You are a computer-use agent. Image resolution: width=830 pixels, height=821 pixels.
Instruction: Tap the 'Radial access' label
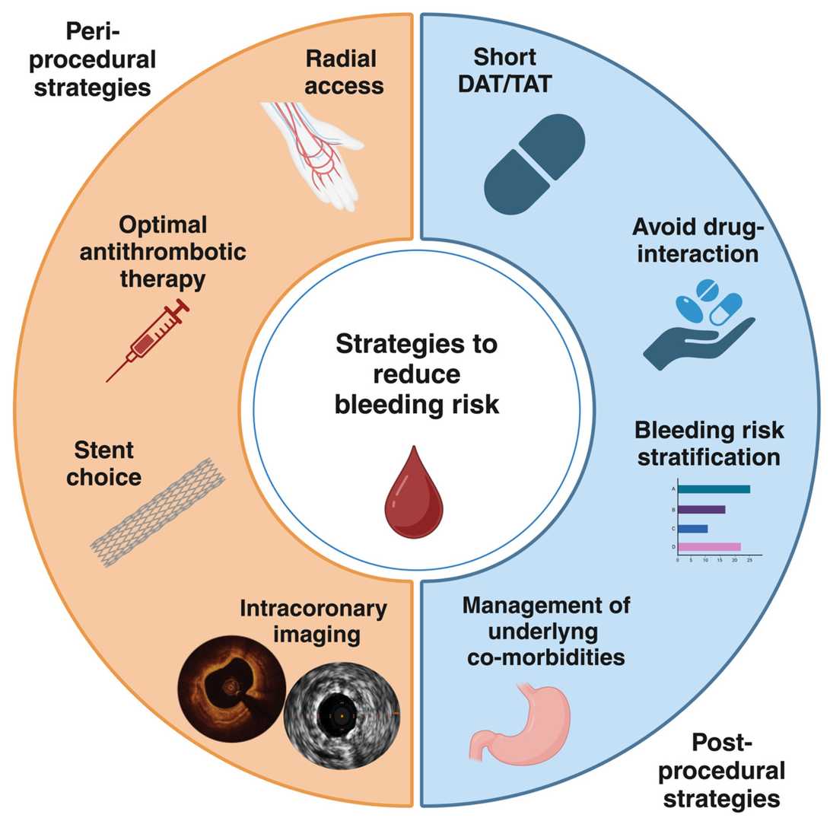point(345,72)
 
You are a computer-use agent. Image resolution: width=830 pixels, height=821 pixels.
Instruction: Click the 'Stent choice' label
point(107,463)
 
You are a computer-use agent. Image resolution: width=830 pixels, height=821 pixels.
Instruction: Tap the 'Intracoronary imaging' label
point(313,621)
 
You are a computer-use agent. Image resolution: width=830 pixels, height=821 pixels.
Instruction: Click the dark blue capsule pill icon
point(534,164)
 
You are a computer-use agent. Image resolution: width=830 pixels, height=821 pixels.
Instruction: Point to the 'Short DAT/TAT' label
point(504,72)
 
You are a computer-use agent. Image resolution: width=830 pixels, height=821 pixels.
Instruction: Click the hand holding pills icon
point(696,323)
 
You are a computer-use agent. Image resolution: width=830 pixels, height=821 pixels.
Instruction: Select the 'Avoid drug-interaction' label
point(698,240)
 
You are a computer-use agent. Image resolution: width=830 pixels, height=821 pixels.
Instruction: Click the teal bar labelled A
point(713,488)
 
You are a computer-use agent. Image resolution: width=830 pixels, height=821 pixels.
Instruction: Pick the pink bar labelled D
point(708,546)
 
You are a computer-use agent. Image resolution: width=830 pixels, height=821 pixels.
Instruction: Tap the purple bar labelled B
point(701,508)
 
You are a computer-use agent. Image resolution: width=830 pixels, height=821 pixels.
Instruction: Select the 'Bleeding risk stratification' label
point(708,444)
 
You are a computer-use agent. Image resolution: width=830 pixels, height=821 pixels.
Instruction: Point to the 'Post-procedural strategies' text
point(720,769)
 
